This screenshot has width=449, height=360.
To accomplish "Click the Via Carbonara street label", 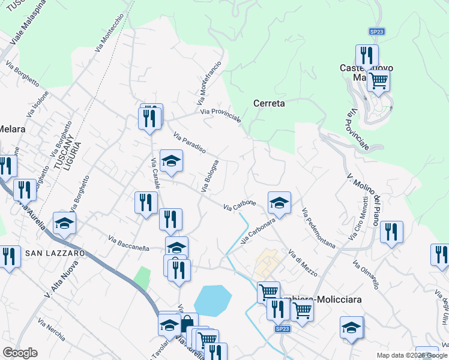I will pyautogui.click(x=258, y=230).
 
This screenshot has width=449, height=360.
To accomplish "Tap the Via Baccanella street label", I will pyautogui.click(x=128, y=243).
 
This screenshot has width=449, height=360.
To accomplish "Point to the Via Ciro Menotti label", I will pyautogui.click(x=364, y=215).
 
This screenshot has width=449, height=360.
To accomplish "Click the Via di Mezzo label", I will pyautogui.click(x=303, y=262).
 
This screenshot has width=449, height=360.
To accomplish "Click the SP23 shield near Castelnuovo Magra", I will pyautogui.click(x=376, y=31).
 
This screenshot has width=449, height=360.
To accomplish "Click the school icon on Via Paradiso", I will pyautogui.click(x=171, y=161).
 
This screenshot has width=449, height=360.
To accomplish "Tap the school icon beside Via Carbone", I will pyautogui.click(x=279, y=203).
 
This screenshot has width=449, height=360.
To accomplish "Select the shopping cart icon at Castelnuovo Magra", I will pyautogui.click(x=378, y=80).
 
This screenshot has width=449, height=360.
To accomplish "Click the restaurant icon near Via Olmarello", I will pyautogui.click(x=391, y=232).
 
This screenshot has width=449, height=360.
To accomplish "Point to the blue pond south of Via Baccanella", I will pyautogui.click(x=212, y=300).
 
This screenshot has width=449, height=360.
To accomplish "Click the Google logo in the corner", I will pyautogui.click(x=20, y=353).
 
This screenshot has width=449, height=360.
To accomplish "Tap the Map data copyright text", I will pyautogui.click(x=411, y=355).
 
